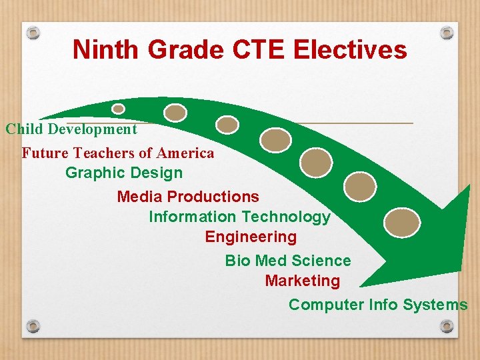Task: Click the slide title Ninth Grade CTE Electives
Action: (x=239, y=50)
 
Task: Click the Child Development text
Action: (x=71, y=129)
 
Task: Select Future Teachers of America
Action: (x=118, y=153)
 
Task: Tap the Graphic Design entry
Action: (x=123, y=173)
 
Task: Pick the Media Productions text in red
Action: (x=188, y=197)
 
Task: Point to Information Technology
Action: (x=239, y=217)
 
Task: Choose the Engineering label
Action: (x=251, y=237)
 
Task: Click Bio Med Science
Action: (x=288, y=261)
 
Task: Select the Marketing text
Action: (x=302, y=281)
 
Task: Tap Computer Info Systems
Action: (x=378, y=305)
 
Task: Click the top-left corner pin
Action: (x=34, y=32)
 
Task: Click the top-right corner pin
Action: (x=447, y=32)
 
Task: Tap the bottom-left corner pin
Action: (x=33, y=326)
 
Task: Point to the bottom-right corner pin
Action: (x=447, y=326)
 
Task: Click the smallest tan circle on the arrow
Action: (x=118, y=109)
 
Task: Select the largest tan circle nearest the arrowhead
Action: (x=403, y=222)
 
